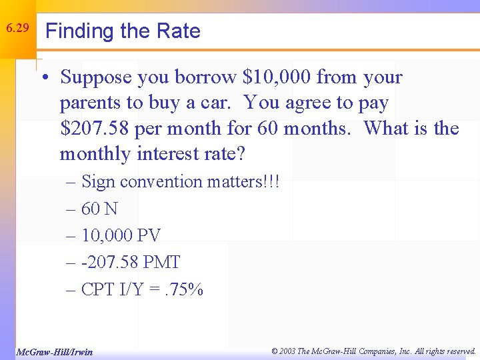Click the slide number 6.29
17,29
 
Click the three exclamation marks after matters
270,181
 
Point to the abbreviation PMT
161,263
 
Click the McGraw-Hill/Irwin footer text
54,351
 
